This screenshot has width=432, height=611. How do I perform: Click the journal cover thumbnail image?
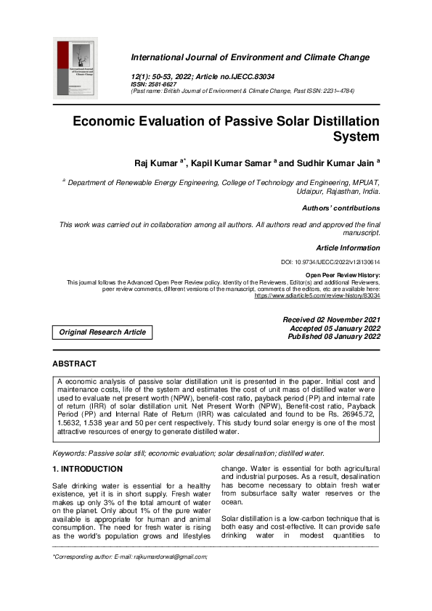click(x=76, y=70)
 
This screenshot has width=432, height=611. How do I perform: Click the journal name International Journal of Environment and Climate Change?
click(x=250, y=57)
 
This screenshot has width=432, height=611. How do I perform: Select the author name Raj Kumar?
click(x=144, y=163)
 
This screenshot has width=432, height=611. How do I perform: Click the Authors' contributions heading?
click(x=341, y=208)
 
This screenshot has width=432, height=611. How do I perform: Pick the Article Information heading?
click(x=348, y=248)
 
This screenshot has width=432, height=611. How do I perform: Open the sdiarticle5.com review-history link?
click(x=317, y=296)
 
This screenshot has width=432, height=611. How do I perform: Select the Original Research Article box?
click(x=102, y=332)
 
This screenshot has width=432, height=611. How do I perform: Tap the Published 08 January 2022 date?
click(x=333, y=337)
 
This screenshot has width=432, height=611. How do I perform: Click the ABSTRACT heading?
click(x=74, y=364)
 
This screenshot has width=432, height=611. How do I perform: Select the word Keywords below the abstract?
click(x=70, y=453)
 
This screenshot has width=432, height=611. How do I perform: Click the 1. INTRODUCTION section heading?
click(x=87, y=469)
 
